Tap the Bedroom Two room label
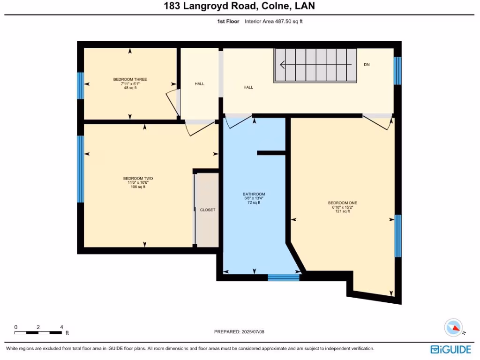138,178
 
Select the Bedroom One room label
342,203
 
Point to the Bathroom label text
254,194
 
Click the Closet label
207,210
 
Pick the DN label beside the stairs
367,65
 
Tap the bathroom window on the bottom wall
283,277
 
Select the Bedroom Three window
80,86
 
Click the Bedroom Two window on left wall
80,169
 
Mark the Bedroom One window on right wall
397,236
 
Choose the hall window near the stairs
397,71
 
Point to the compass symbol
454,327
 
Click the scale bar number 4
61,327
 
